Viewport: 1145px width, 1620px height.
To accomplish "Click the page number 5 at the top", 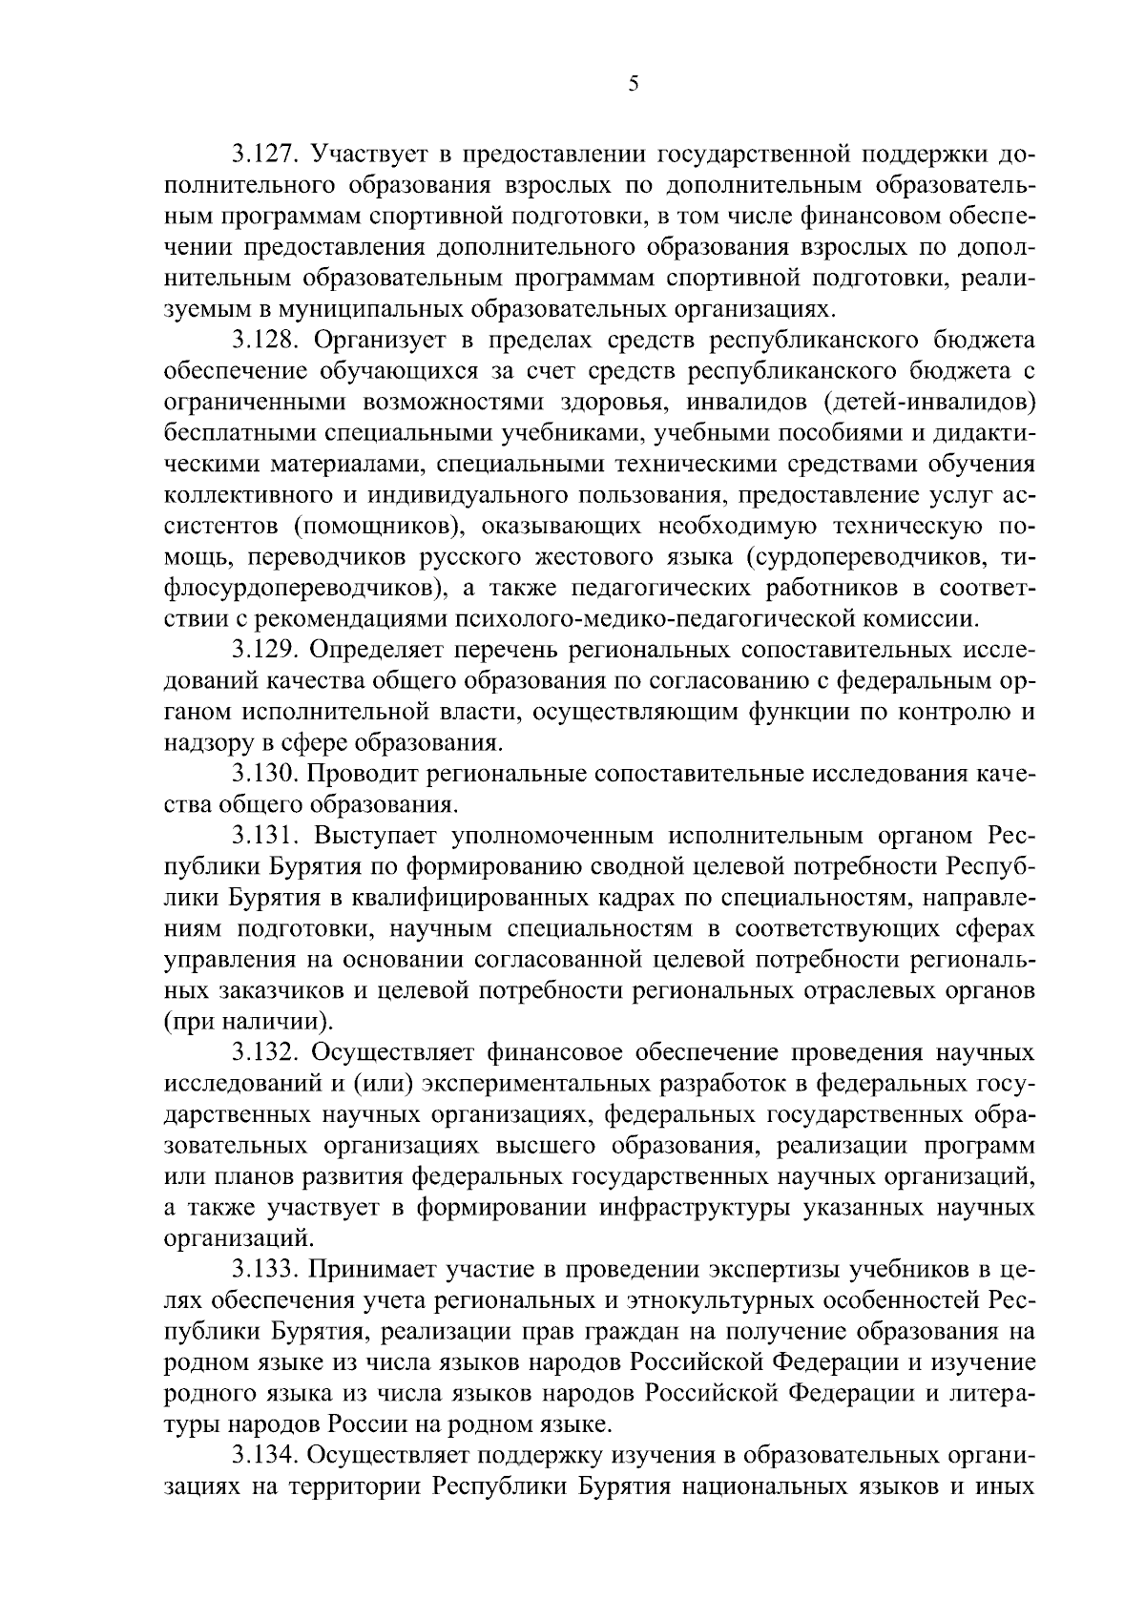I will coord(633,85).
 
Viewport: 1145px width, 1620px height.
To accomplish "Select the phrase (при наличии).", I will coord(250,1023).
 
